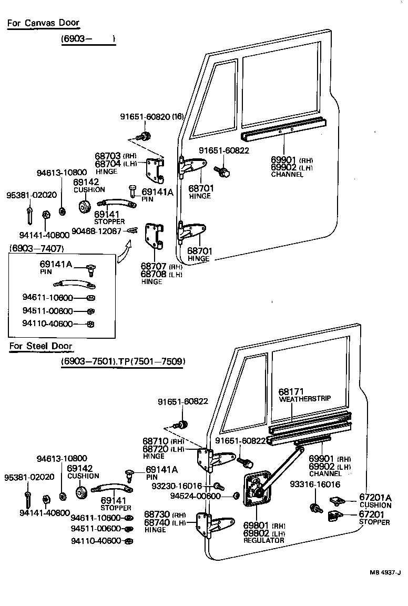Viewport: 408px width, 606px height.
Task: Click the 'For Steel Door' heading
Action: (40, 346)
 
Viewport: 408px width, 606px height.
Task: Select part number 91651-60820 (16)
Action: (151, 117)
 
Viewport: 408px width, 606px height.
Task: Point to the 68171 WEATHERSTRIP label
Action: (304, 395)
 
